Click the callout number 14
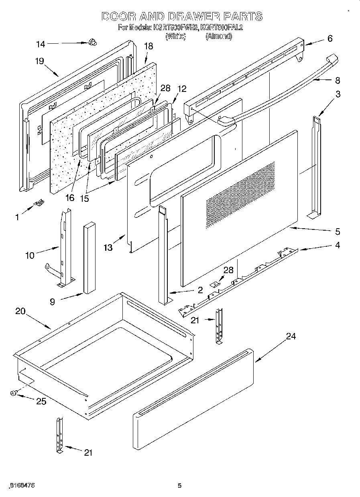click(40, 44)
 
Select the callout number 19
click(39, 61)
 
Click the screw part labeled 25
click(13, 394)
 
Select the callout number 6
click(330, 39)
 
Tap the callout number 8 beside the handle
click(337, 80)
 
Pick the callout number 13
click(108, 248)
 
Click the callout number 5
click(337, 231)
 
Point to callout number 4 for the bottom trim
click(337, 245)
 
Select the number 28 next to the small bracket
click(228, 270)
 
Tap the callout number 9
click(53, 302)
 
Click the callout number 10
click(30, 255)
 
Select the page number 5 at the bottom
click(180, 486)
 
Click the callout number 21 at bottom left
click(88, 452)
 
